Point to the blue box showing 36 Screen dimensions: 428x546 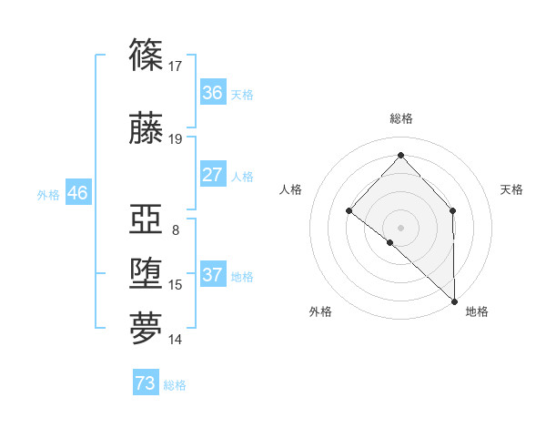click(212, 93)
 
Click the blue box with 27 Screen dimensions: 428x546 click(212, 175)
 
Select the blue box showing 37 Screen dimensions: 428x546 click(212, 275)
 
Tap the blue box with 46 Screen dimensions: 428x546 click(77, 193)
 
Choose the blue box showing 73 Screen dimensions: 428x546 click(146, 383)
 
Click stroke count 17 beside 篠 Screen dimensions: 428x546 click(175, 66)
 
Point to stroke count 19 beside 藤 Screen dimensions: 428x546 click(175, 139)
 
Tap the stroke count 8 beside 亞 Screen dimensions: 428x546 click(175, 230)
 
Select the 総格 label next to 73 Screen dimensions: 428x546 click(175, 385)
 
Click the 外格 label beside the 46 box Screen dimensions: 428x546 click(48, 194)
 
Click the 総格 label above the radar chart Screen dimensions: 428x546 click(400, 118)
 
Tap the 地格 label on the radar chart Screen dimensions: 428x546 click(477, 311)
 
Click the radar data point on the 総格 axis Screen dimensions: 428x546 click(400, 155)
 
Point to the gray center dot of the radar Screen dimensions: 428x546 click(400, 227)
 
